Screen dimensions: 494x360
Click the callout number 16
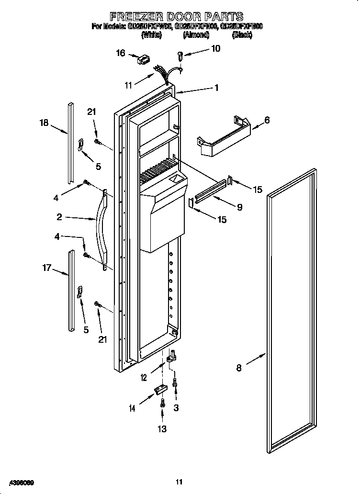[121, 53]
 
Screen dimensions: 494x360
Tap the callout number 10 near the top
[215, 48]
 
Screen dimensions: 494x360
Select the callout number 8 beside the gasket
[239, 368]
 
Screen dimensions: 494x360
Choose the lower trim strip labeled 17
[71, 290]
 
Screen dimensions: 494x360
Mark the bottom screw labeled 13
[163, 403]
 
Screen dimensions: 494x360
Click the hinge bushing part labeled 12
[170, 358]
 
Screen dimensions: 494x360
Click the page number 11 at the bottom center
[179, 482]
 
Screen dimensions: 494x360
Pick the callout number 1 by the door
[216, 88]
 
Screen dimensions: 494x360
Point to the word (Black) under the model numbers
[243, 35]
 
